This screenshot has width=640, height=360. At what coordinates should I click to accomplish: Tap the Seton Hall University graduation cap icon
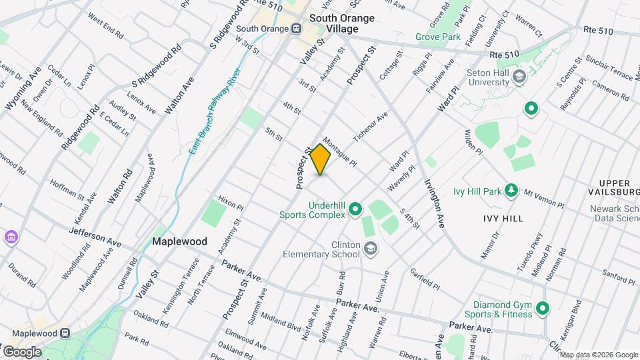518,77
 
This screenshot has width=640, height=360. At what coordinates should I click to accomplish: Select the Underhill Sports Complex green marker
355,210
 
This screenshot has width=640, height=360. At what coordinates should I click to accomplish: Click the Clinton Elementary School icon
370,249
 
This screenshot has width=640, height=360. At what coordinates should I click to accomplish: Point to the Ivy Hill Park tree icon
511,191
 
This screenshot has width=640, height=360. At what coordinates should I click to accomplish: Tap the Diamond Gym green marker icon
542,307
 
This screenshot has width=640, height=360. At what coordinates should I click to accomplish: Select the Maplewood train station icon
65,333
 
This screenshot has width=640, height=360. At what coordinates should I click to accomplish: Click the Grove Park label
438,37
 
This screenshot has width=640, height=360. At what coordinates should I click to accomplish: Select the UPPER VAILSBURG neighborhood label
614,187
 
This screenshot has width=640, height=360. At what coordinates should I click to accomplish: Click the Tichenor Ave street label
371,126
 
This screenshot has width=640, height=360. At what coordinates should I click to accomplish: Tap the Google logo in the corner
21,351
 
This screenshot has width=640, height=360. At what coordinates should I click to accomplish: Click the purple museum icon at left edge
9,237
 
